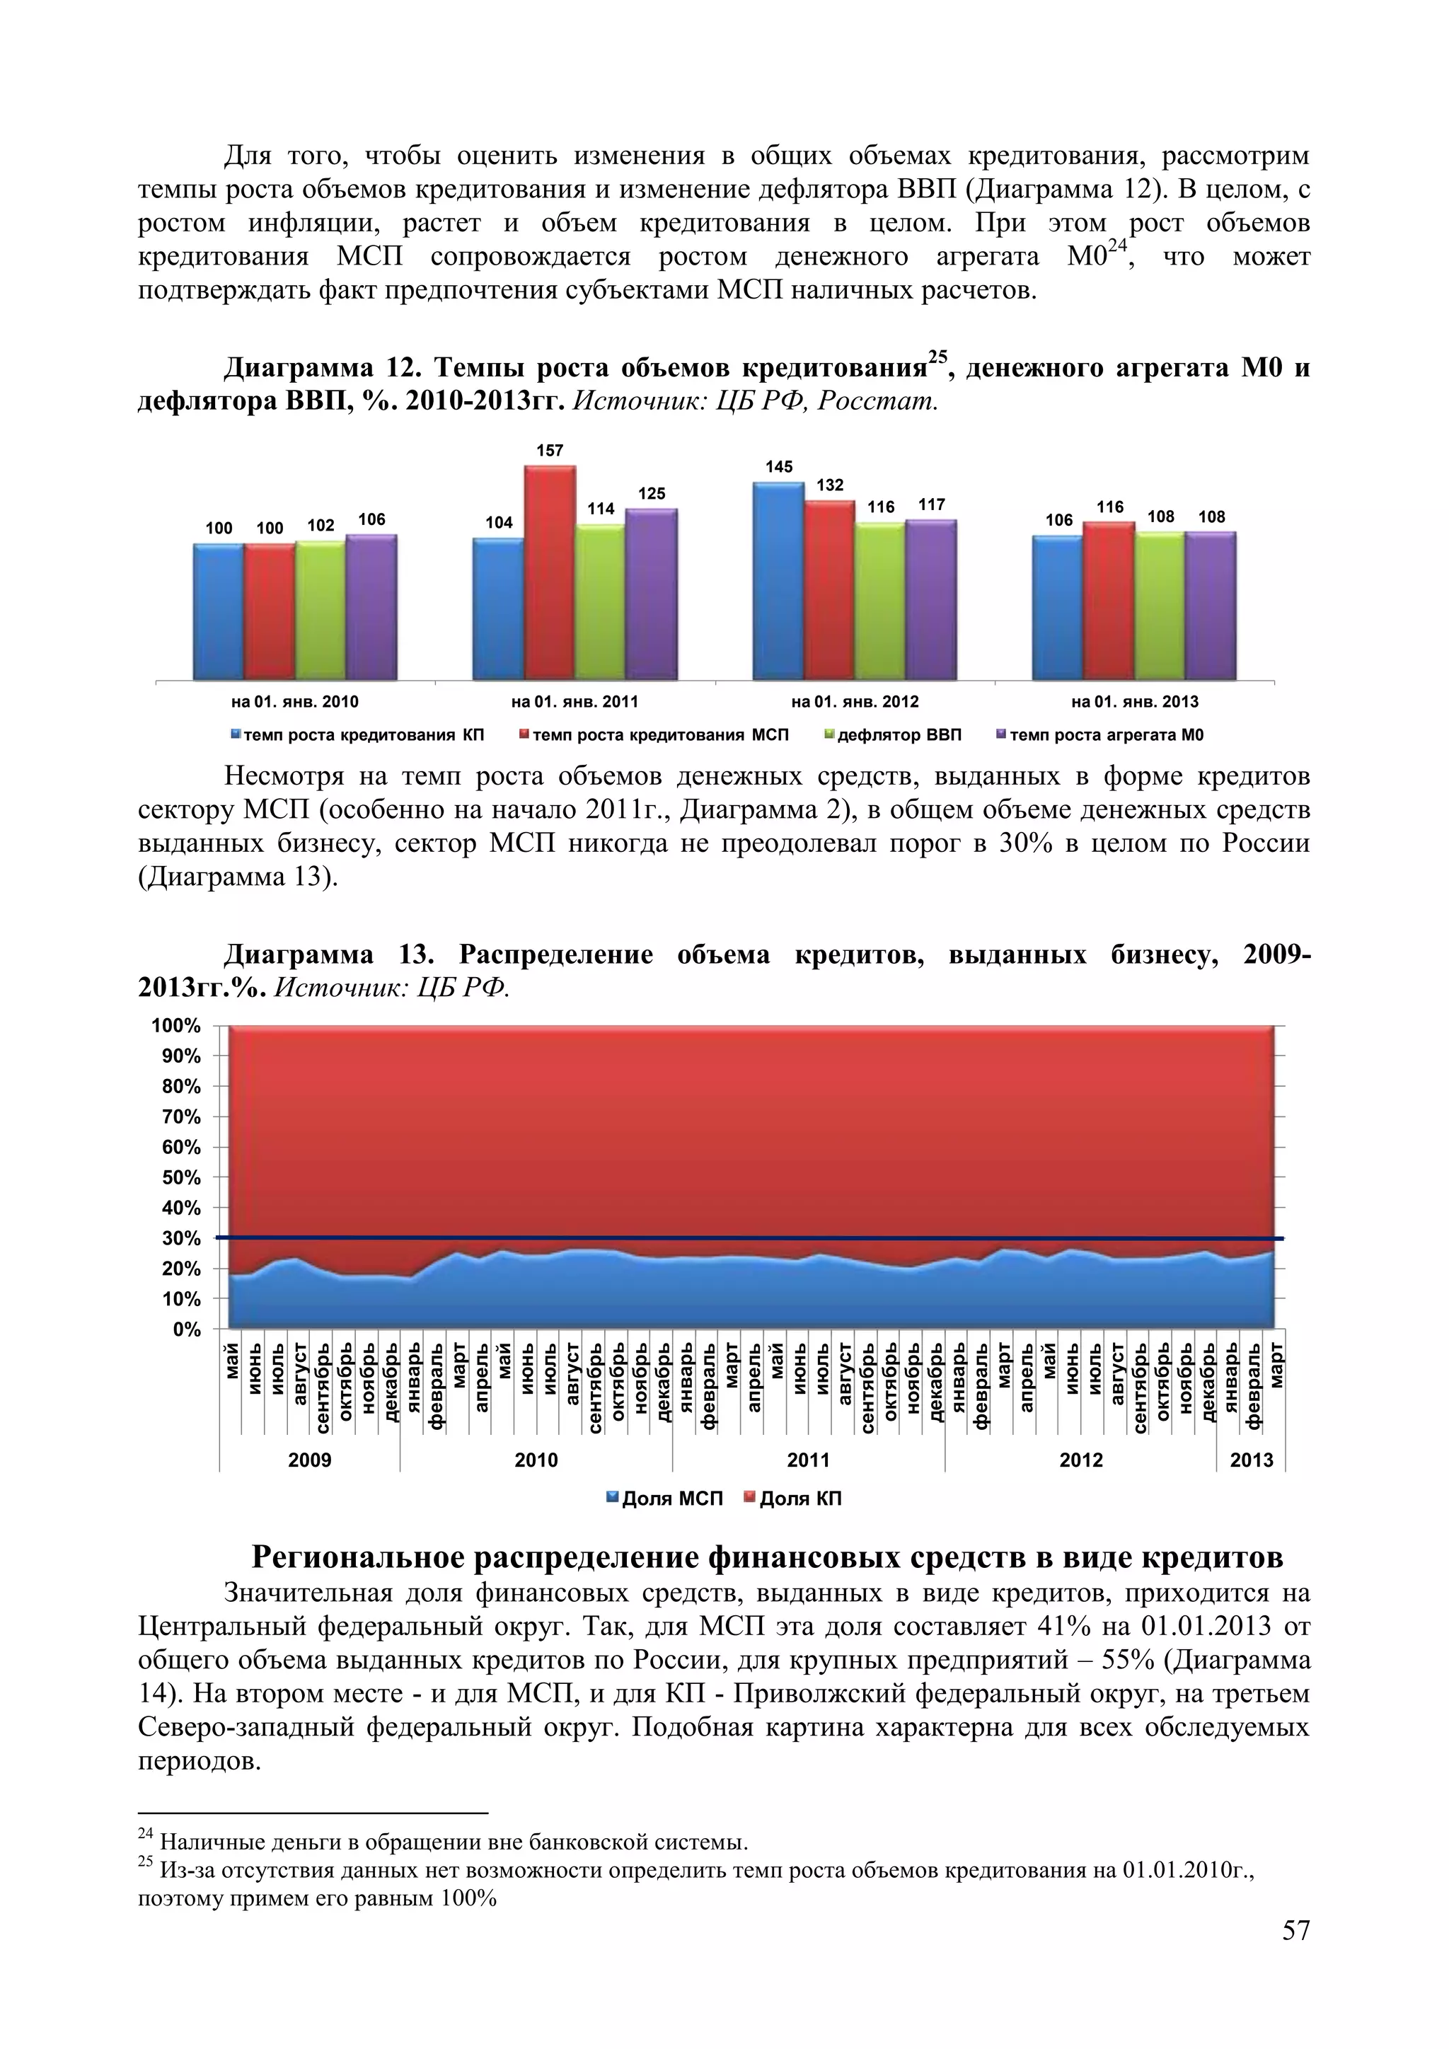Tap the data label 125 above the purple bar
click(652, 494)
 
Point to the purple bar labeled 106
click(371, 607)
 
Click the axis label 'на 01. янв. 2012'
click(855, 701)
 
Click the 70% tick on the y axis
click(181, 1116)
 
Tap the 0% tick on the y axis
click(187, 1329)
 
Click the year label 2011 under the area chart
click(809, 1460)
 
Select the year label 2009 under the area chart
click(310, 1460)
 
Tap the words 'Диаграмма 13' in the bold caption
click(328, 955)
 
